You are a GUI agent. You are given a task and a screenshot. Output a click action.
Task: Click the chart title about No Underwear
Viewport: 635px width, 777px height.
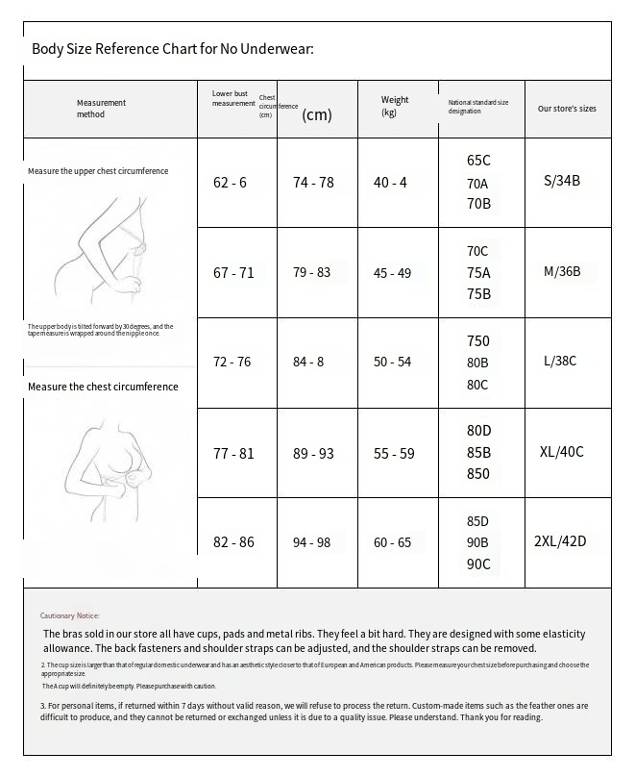pos(173,49)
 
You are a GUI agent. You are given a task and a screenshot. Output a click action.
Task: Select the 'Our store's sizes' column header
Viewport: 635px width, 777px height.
pos(567,109)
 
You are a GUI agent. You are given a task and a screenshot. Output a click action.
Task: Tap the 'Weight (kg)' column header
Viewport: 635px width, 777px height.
pos(394,106)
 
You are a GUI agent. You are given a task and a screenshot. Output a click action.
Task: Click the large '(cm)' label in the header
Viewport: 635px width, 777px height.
pos(317,115)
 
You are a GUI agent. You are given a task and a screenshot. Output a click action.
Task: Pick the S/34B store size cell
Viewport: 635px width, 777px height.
pos(562,180)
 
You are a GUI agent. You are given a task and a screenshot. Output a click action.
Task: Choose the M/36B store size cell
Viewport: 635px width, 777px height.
pos(562,271)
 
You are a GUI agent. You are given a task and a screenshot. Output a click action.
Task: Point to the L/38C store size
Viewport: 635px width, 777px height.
pos(560,362)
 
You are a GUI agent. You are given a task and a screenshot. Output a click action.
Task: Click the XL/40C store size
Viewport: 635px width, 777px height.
pos(562,452)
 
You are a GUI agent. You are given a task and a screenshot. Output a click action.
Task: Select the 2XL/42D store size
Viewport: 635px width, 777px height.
pos(559,541)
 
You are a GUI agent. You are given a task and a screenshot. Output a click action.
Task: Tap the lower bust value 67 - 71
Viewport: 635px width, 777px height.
pos(233,273)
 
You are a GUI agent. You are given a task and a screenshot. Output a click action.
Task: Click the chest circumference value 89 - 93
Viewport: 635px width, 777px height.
pos(313,453)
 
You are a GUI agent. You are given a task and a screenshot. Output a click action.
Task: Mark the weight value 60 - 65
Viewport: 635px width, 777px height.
pos(392,543)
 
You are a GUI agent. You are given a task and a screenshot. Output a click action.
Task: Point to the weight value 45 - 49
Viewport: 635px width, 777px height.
pos(392,273)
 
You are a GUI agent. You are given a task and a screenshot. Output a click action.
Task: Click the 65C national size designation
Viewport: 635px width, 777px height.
pos(478,161)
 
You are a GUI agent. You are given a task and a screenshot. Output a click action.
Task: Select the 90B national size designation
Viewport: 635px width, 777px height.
pos(478,543)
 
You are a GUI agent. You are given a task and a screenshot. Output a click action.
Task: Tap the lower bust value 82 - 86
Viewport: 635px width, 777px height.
pos(233,543)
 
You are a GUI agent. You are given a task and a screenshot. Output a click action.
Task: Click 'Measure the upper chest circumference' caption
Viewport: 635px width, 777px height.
pos(98,171)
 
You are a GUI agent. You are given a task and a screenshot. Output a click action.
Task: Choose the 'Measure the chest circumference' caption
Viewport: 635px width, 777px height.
pos(103,387)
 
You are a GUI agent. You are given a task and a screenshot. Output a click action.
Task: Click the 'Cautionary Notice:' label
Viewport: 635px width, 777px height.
pos(69,615)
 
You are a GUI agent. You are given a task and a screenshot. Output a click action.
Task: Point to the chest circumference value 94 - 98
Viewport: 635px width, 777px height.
pos(311,543)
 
